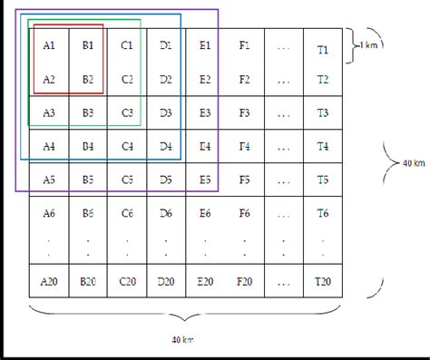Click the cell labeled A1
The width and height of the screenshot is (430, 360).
(x=49, y=44)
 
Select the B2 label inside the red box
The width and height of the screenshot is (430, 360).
(x=88, y=79)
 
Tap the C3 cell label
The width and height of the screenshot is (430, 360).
(x=127, y=112)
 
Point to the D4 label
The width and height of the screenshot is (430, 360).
(x=165, y=145)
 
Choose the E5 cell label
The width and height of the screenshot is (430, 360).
(x=205, y=180)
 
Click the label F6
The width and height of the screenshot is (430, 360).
(x=244, y=213)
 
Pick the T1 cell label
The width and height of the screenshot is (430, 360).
(x=322, y=48)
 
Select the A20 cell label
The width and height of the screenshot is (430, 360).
(x=49, y=281)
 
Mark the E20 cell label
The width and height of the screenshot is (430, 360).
(x=205, y=281)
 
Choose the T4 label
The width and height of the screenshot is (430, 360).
(x=322, y=146)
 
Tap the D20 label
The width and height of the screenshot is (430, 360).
(x=165, y=281)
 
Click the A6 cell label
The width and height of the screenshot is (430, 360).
(x=49, y=213)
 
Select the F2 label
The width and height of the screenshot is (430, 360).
(x=244, y=79)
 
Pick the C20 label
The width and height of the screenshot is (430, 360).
(x=127, y=281)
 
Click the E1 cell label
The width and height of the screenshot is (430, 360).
(x=205, y=44)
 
